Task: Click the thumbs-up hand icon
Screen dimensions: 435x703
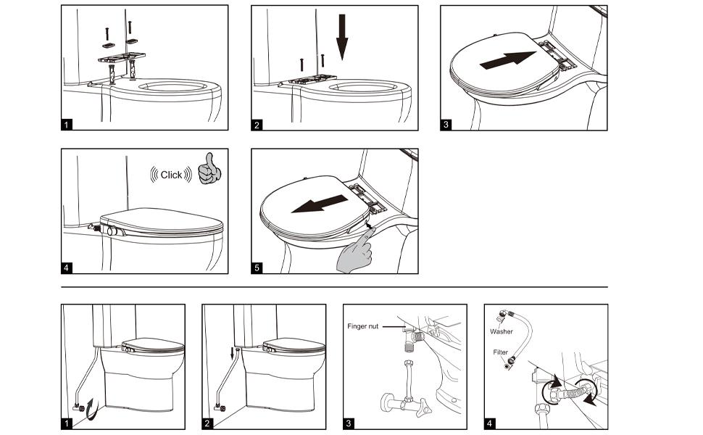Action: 211,168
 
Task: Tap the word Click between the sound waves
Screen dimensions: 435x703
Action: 172,175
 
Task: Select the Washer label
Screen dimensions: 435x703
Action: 501,331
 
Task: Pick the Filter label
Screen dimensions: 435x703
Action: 501,352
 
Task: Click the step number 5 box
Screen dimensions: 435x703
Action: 257,268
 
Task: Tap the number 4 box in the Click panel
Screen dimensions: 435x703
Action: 67,268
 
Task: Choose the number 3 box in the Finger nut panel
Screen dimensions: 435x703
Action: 349,423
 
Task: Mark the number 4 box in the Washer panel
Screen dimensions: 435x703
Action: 490,423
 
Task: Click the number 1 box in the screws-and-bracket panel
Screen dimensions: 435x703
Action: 67,125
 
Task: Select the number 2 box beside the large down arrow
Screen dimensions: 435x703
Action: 257,125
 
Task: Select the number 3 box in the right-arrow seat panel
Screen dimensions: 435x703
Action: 446,125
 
